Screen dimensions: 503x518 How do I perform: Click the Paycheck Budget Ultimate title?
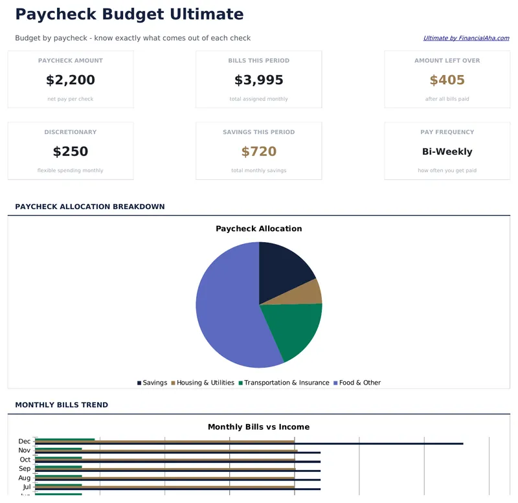[129, 14]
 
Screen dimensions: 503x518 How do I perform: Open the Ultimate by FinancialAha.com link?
[466, 38]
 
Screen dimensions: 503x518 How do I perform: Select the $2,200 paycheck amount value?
[71, 80]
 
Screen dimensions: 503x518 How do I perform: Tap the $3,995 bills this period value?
[259, 80]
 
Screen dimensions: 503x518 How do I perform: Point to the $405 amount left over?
[447, 80]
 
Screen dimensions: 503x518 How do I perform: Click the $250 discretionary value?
[71, 151]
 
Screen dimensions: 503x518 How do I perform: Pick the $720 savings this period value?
[259, 151]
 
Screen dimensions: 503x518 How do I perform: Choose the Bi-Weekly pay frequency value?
[447, 151]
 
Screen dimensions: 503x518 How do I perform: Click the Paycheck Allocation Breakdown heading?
[90, 207]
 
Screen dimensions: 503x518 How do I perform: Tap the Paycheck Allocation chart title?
[259, 229]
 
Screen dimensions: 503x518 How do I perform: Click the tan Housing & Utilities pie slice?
[310, 293]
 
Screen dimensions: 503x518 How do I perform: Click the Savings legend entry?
[152, 383]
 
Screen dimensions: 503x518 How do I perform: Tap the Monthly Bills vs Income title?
[259, 427]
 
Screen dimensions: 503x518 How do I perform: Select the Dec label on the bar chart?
[25, 442]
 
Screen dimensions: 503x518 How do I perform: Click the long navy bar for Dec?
[388, 443]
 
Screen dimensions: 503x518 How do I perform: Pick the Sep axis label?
[25, 469]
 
